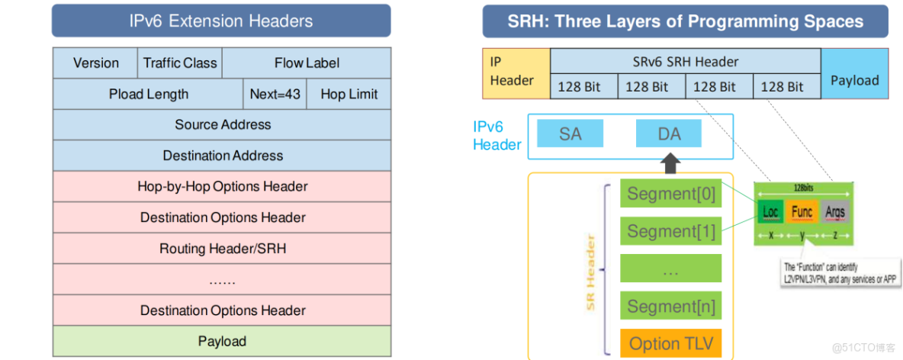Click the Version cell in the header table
pos(95,63)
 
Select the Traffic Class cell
pos(180,63)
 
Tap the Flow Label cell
pos(307,63)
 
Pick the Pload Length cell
pos(148,95)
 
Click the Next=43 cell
pos(275,95)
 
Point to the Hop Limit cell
pos(349,95)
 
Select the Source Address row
pos(222,125)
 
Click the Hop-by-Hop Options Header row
pos(222,187)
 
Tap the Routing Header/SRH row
pos(222,249)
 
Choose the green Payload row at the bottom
pos(222,341)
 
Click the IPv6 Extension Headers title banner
pos(221,21)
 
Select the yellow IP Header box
pos(516,73)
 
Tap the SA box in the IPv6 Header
pos(570,134)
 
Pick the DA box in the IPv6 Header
pos(669,134)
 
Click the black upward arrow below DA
pos(670,162)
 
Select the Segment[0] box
pos(670,194)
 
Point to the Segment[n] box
pos(670,307)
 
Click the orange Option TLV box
pos(670,343)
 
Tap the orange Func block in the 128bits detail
pos(802,212)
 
